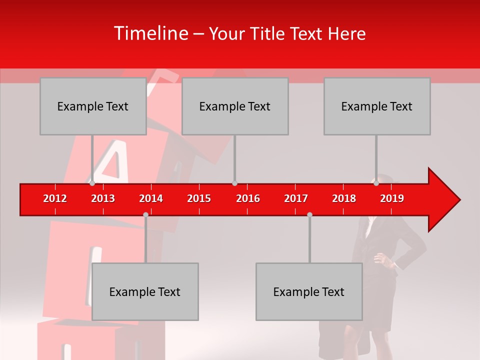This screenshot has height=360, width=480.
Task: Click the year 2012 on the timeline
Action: [x=55, y=198]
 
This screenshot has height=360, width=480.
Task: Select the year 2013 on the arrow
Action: [x=103, y=198]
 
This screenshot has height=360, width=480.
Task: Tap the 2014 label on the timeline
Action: [x=151, y=198]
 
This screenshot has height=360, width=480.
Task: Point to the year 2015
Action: [x=199, y=198]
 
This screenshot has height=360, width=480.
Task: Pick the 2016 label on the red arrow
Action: [x=248, y=198]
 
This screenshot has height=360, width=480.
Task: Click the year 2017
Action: [x=296, y=198]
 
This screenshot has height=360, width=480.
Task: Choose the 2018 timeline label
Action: [x=344, y=198]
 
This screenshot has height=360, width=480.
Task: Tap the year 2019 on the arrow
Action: [x=392, y=198]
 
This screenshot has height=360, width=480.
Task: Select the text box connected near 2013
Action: [x=93, y=106]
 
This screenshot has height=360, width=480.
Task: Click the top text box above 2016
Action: [x=235, y=106]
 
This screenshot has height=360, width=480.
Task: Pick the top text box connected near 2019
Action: [x=377, y=106]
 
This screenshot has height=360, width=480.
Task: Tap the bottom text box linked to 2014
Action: [x=145, y=291]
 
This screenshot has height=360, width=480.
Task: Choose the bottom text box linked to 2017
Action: [x=309, y=291]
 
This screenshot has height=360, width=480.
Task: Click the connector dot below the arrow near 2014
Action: [x=145, y=214]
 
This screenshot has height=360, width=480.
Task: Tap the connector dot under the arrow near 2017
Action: [x=309, y=214]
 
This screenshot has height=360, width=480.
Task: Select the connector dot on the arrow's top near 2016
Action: [x=234, y=183]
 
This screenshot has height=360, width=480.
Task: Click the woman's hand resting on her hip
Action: [x=379, y=258]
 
